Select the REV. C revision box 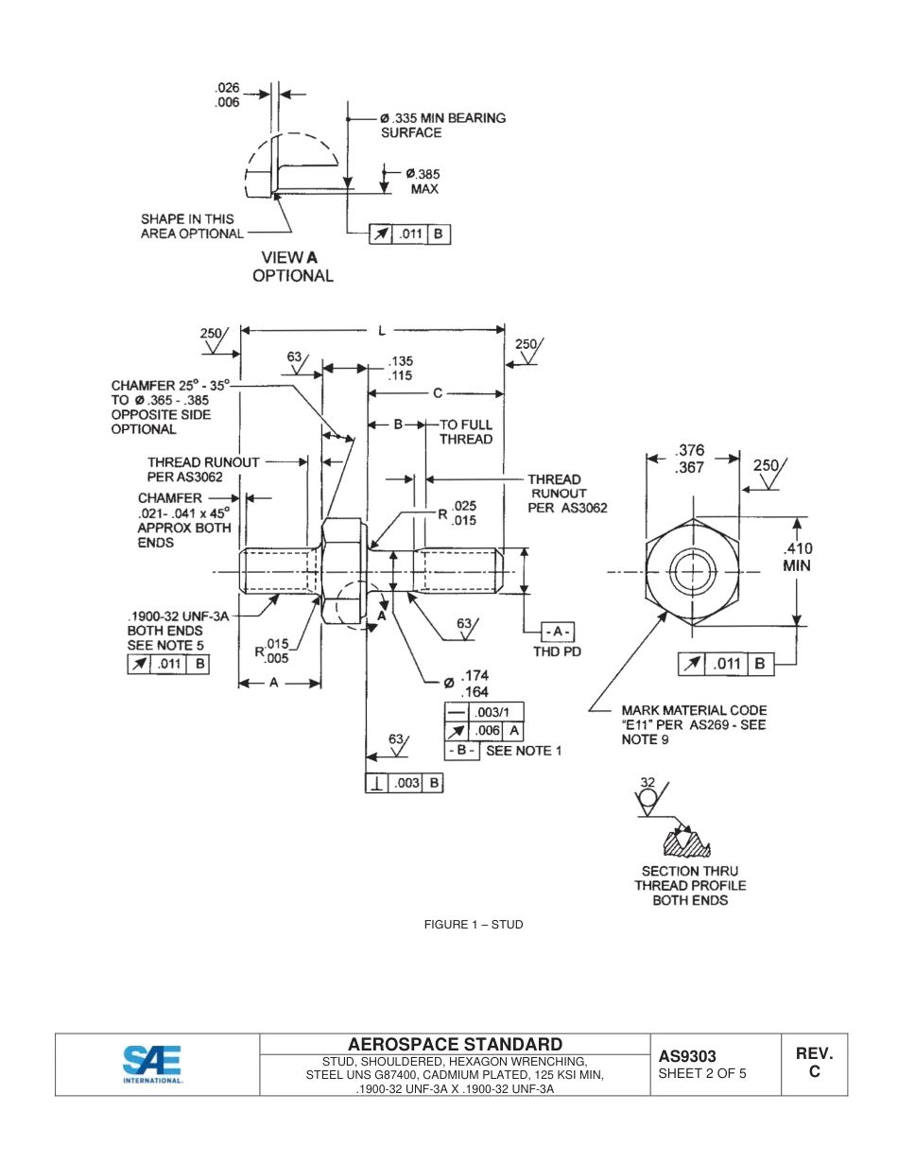813,1063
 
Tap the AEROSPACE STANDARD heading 455,1044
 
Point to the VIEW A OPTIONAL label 292,267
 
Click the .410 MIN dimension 797,557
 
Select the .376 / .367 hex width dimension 691,460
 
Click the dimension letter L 382,330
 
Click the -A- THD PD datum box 557,631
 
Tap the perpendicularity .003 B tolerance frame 405,783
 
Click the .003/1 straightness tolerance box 484,712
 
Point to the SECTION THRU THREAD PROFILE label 690,886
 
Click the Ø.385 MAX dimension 423,181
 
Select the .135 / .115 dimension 401,368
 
